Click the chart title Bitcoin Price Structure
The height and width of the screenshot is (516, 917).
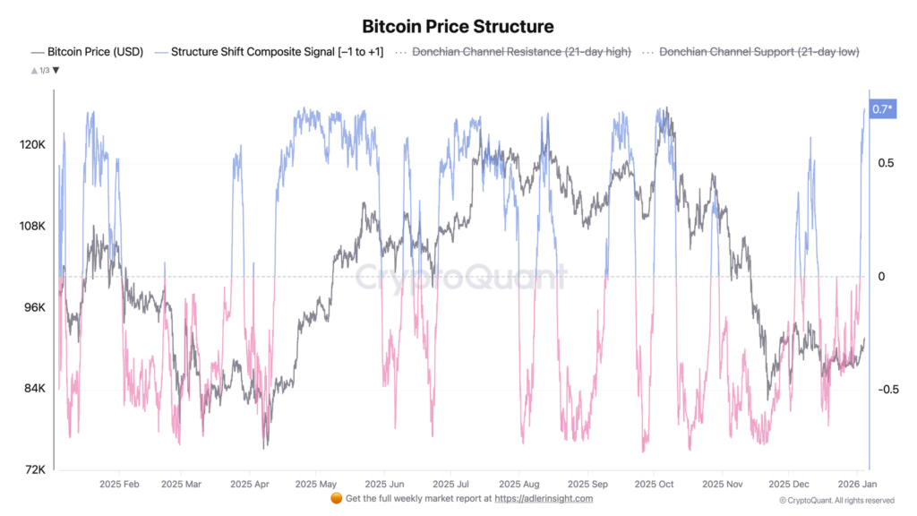coord(458,26)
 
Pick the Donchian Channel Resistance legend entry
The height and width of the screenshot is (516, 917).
coord(520,52)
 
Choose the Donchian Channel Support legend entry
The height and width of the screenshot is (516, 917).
coord(758,52)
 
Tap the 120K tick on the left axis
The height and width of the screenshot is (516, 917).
coord(34,144)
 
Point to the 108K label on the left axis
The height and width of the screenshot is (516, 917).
coord(34,226)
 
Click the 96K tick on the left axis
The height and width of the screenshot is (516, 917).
coord(36,307)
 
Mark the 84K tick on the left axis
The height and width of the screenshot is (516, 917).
coord(36,389)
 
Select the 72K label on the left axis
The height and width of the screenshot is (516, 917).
coord(36,469)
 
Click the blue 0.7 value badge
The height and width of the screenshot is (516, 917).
coord(882,109)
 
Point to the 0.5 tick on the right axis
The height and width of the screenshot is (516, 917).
coord(886,163)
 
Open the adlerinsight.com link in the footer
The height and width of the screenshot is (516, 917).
coord(544,498)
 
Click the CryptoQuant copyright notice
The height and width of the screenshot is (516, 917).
coord(836,500)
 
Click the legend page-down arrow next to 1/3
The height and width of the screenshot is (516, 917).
coord(56,70)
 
